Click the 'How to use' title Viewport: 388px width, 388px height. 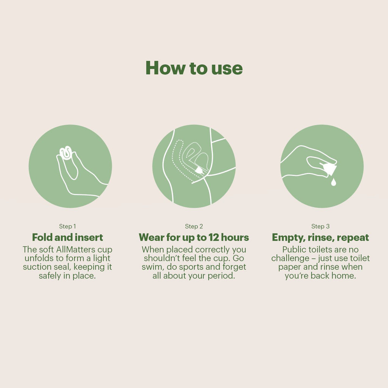(x=194, y=68)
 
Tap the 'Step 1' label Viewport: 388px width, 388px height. (x=67, y=227)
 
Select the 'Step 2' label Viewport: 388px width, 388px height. (x=194, y=227)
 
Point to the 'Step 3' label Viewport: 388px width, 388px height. (x=321, y=227)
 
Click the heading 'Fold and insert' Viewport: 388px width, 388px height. (x=67, y=237)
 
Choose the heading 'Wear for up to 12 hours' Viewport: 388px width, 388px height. (x=194, y=237)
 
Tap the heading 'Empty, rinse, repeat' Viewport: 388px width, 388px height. (x=321, y=238)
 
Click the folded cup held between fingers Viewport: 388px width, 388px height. (x=66, y=153)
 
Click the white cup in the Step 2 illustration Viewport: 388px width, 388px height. (x=199, y=170)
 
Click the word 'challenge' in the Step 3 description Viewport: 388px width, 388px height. (x=290, y=258)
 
